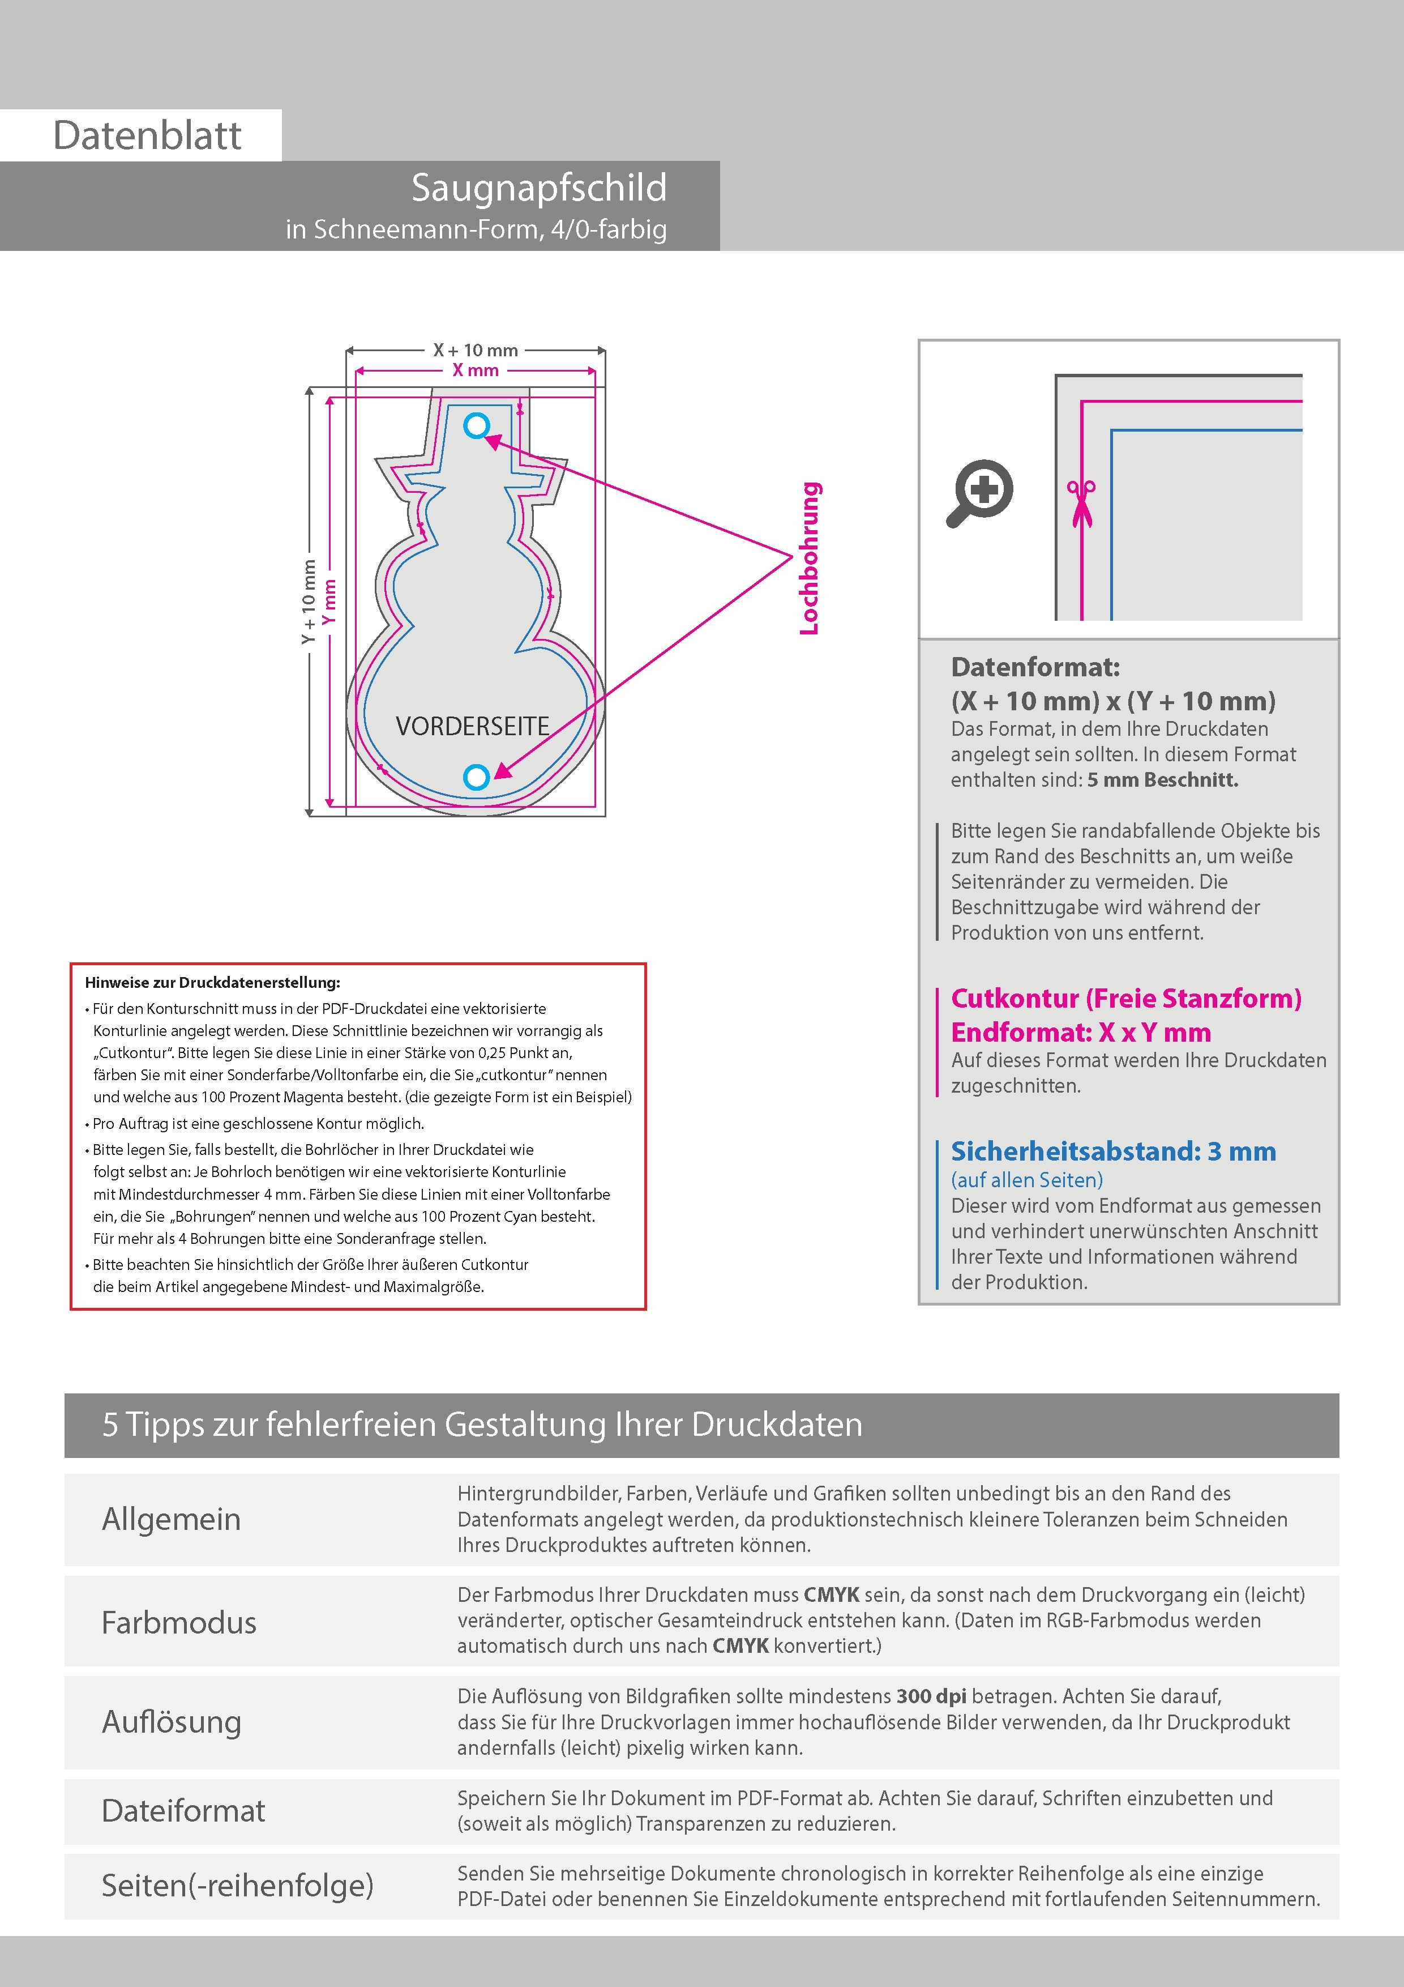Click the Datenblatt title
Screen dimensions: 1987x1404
click(147, 135)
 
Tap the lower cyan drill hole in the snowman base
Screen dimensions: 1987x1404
click(477, 777)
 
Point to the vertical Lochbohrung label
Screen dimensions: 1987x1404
click(809, 558)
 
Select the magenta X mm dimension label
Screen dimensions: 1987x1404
click(476, 370)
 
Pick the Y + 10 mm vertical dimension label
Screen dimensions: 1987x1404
click(308, 602)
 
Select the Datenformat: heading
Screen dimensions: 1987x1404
click(1035, 667)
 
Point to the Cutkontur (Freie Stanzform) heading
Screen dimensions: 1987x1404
click(1125, 999)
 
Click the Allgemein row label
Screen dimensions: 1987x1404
click(172, 1519)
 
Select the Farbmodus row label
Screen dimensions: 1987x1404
click(179, 1622)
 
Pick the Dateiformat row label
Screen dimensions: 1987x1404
click(183, 1810)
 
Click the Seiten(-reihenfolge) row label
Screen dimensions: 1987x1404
click(238, 1885)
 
